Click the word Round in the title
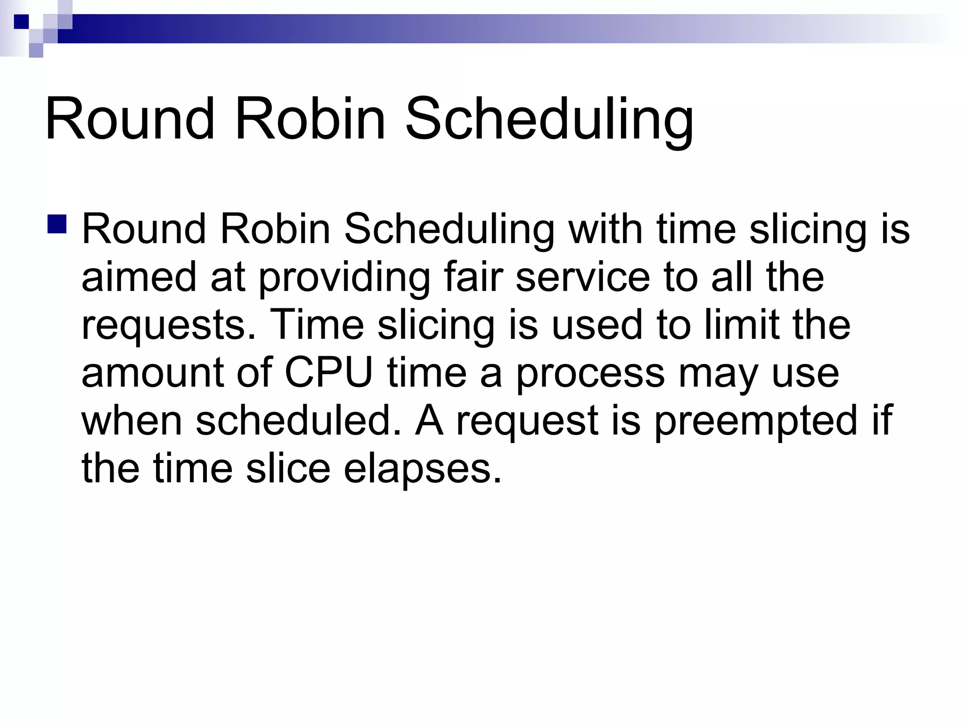[x=130, y=119]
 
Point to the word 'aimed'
[x=139, y=277]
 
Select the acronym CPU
[x=328, y=373]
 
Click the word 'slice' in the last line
[x=288, y=469]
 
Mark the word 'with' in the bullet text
[x=605, y=229]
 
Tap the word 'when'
[x=131, y=420]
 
